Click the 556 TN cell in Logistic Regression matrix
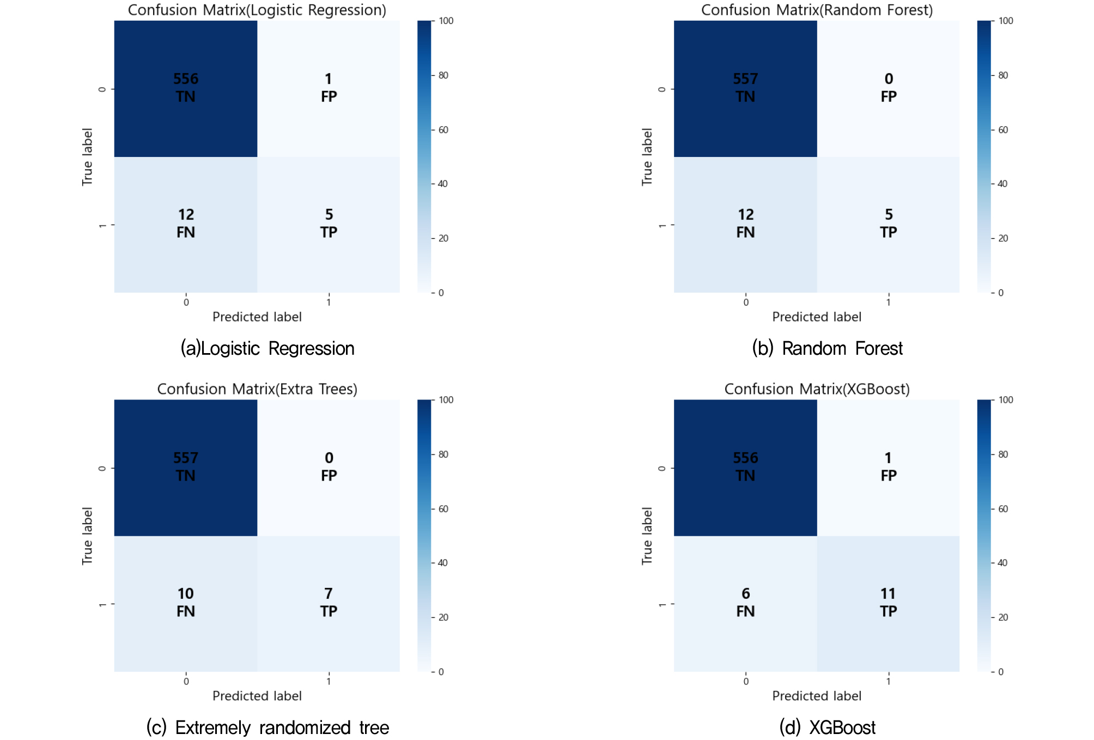point(186,88)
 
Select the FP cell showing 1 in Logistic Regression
point(329,88)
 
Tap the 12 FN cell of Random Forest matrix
point(745,223)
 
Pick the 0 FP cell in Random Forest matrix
point(888,88)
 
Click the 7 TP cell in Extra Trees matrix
point(329,603)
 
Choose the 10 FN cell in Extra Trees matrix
point(186,603)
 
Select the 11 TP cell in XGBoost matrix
point(888,603)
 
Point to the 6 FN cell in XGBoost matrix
point(745,603)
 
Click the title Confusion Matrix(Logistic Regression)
point(257,10)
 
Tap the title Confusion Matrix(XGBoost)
point(817,389)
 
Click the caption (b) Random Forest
point(827,348)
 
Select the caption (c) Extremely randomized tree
point(268,727)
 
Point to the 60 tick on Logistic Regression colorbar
point(443,130)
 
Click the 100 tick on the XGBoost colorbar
point(1006,400)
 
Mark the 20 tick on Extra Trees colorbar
point(443,617)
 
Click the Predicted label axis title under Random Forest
point(817,317)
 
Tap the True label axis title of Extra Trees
point(87,536)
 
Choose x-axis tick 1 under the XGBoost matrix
point(888,681)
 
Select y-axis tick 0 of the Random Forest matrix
point(661,89)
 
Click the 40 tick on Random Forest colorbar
point(1002,184)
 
